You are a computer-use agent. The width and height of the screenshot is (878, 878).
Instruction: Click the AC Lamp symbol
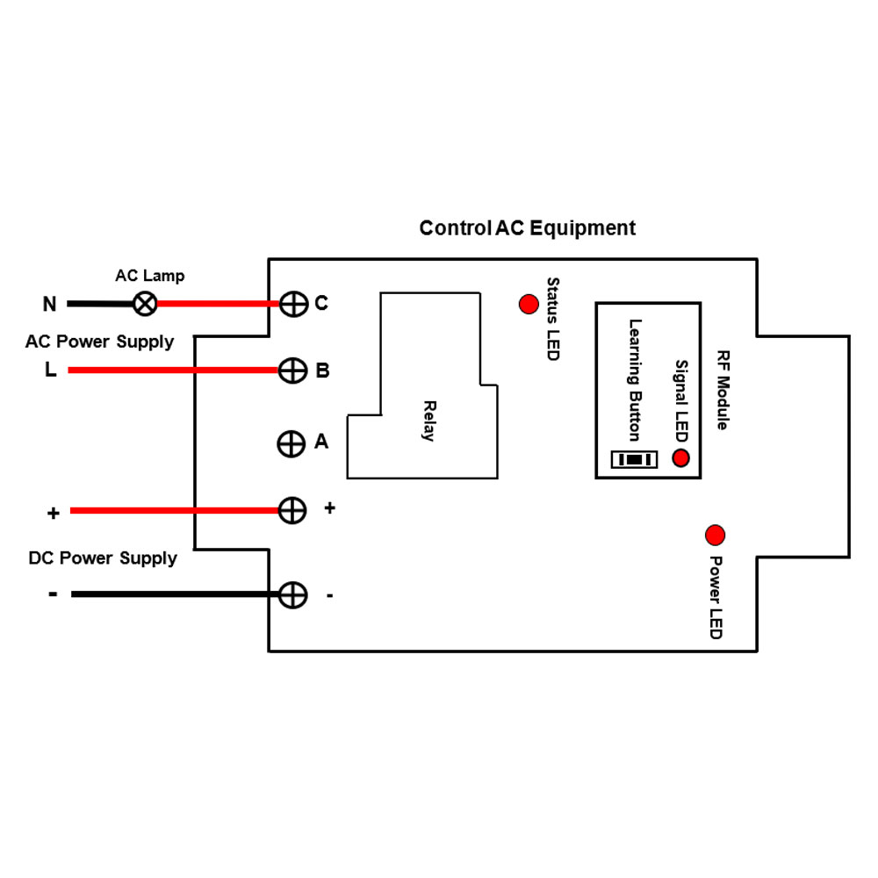coord(145,304)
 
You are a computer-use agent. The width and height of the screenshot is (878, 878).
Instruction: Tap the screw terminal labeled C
coord(292,304)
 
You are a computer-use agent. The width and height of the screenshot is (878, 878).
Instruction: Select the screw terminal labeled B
coord(292,371)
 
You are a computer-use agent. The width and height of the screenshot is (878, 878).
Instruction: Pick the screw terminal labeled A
coord(291,443)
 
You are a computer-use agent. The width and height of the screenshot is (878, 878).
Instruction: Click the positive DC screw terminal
coord(292,510)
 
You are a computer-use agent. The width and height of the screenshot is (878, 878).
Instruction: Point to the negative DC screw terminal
coord(292,594)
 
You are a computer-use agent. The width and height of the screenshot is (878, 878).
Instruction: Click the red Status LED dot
coord(529,304)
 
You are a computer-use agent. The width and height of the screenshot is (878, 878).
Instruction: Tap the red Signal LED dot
coord(680,457)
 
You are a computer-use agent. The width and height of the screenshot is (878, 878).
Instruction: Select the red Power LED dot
coord(716,535)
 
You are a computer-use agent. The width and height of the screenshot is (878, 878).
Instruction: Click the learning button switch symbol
coord(633,459)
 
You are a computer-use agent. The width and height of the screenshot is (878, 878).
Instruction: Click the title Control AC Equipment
coord(527,228)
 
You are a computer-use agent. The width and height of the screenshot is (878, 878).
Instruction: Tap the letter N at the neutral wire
coord(50,305)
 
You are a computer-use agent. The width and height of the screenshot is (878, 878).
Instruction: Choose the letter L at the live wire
coord(51,371)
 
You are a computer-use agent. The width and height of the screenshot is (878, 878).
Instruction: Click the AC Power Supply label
coord(99,342)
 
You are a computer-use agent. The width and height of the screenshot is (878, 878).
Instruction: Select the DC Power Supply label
coord(103,558)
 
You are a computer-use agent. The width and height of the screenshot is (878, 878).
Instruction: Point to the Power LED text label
coord(716,598)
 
